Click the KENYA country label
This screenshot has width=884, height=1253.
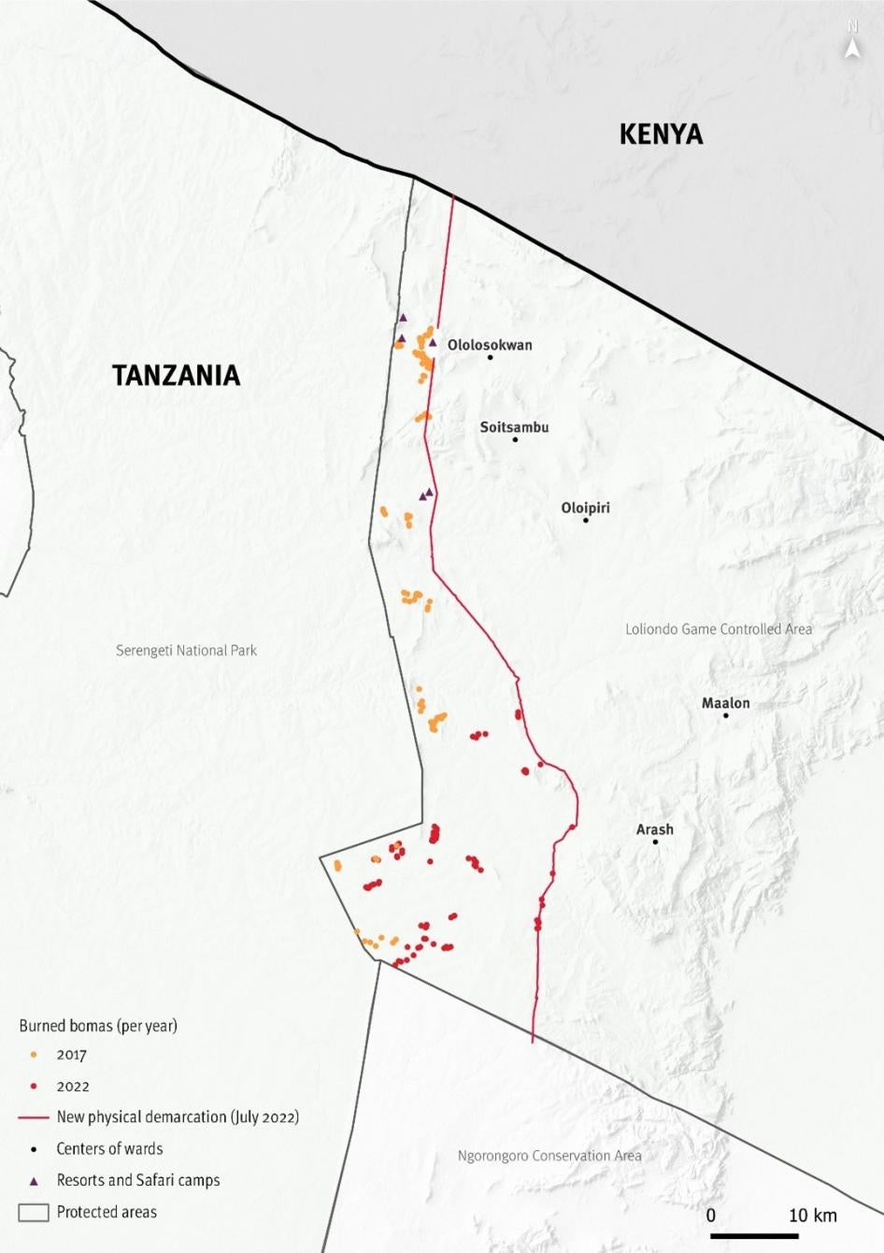click(x=661, y=135)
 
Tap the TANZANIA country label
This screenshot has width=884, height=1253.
click(x=176, y=375)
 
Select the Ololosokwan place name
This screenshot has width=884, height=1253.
click(x=490, y=344)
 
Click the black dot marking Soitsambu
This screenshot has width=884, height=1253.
click(x=515, y=439)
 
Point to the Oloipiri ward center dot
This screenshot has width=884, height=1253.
click(x=586, y=520)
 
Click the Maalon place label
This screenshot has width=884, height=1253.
click(x=725, y=703)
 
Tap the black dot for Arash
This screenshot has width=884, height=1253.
click(x=655, y=842)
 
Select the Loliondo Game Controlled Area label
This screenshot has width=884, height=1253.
click(x=718, y=629)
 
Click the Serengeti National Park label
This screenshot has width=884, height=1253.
click(x=186, y=650)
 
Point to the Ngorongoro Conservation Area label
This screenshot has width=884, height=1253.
click(x=549, y=1156)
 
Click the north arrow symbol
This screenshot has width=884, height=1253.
click(x=851, y=44)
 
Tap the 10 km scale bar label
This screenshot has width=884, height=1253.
click(x=812, y=1216)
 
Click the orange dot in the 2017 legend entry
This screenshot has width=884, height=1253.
click(x=34, y=1055)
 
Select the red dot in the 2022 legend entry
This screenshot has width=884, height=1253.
click(x=34, y=1087)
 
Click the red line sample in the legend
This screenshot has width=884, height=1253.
click(x=34, y=1117)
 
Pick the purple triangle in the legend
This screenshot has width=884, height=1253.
click(x=34, y=1180)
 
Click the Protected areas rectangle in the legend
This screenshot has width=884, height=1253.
click(x=34, y=1213)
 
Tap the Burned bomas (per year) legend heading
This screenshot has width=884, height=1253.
click(x=98, y=1025)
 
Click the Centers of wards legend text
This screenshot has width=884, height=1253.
click(x=109, y=1148)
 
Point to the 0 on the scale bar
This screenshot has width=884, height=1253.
click(x=711, y=1216)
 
